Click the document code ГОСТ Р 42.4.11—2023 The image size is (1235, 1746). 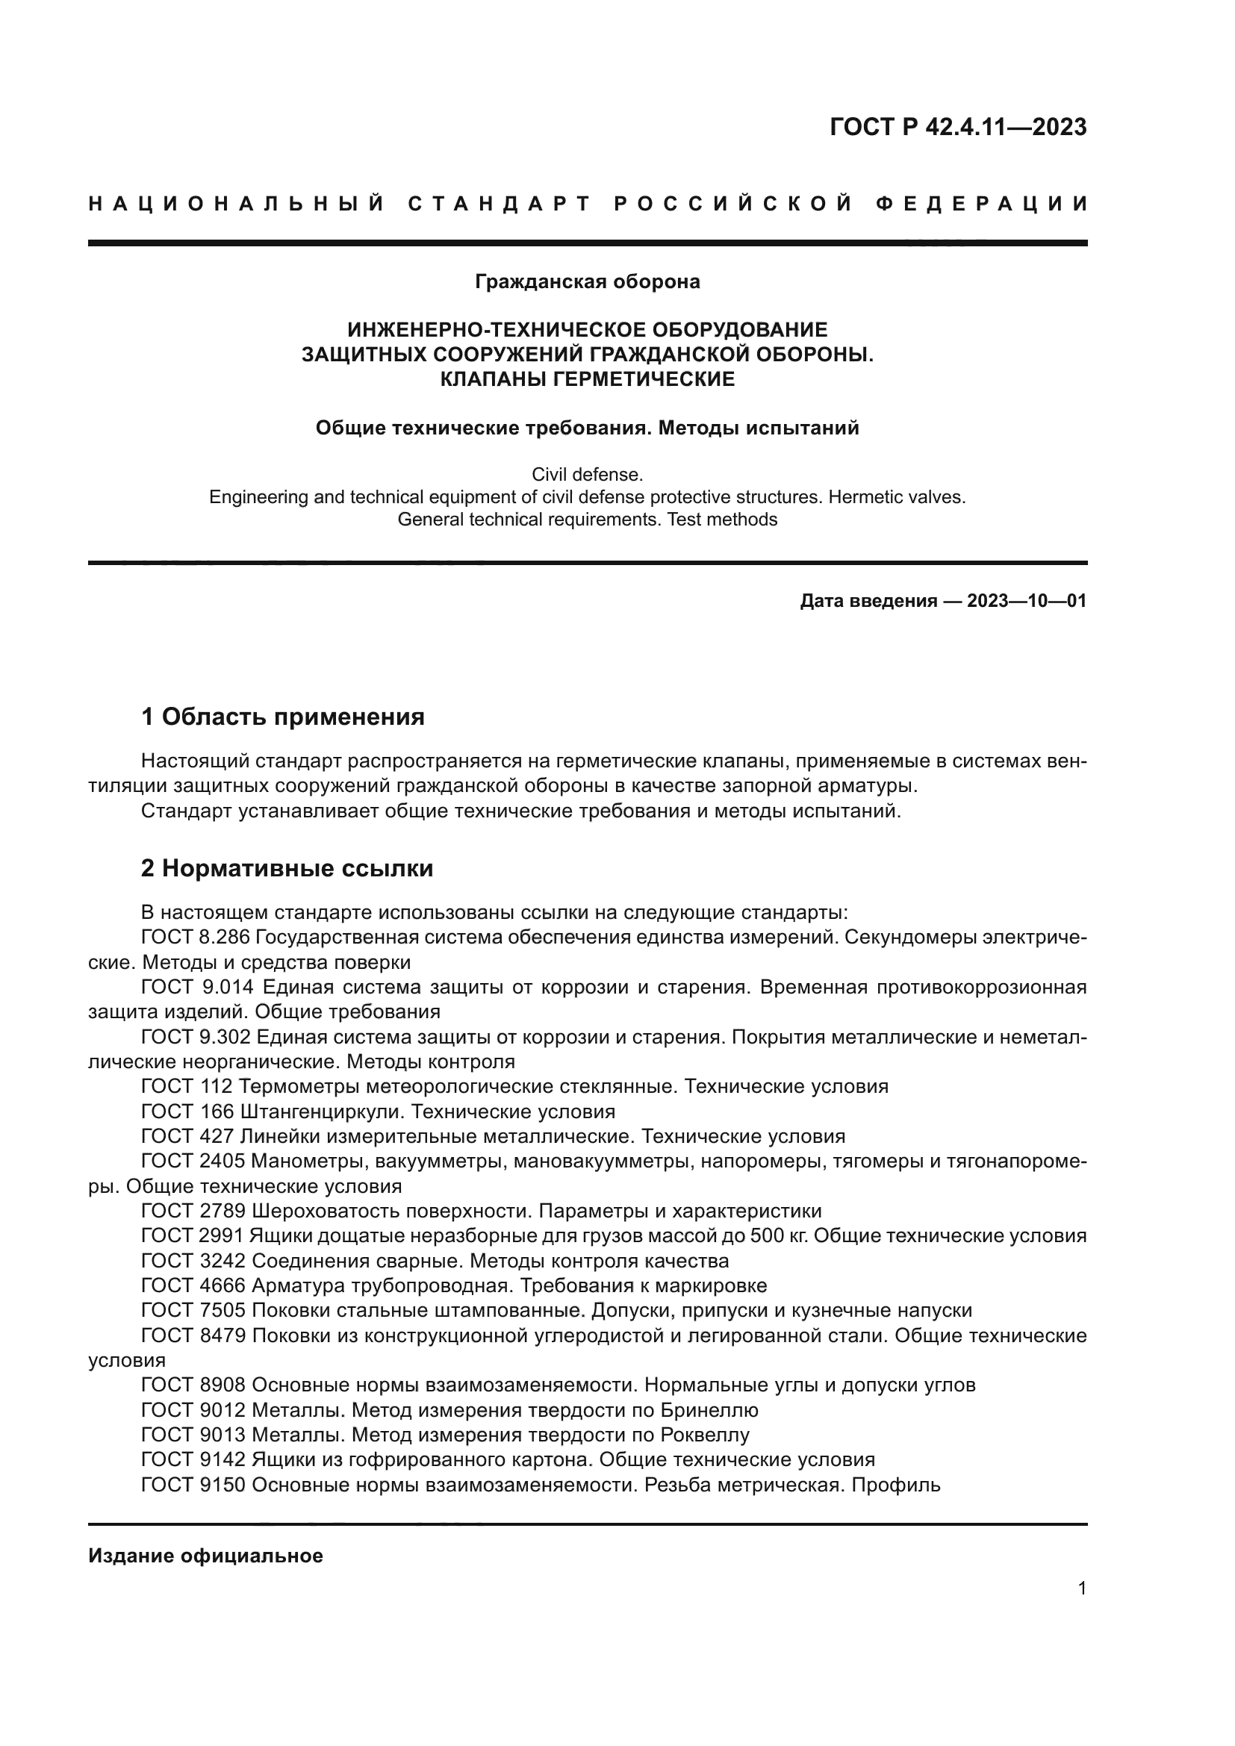pos(957,127)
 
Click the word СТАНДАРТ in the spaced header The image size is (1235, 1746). pos(500,204)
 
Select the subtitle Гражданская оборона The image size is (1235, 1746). pos(587,282)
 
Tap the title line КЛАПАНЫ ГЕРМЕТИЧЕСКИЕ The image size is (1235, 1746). pos(587,378)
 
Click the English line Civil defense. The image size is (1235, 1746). pos(587,475)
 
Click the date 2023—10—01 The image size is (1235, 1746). pos(1026,602)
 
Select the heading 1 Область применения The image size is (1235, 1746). pos(282,717)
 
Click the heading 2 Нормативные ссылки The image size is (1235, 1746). pos(287,867)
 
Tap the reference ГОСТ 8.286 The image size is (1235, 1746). pos(196,937)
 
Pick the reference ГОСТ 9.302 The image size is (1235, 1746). pos(196,1037)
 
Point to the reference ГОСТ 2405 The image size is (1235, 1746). pos(193,1162)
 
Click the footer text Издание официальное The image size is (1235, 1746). pos(205,1556)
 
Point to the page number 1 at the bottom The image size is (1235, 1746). pos(1081,1588)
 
